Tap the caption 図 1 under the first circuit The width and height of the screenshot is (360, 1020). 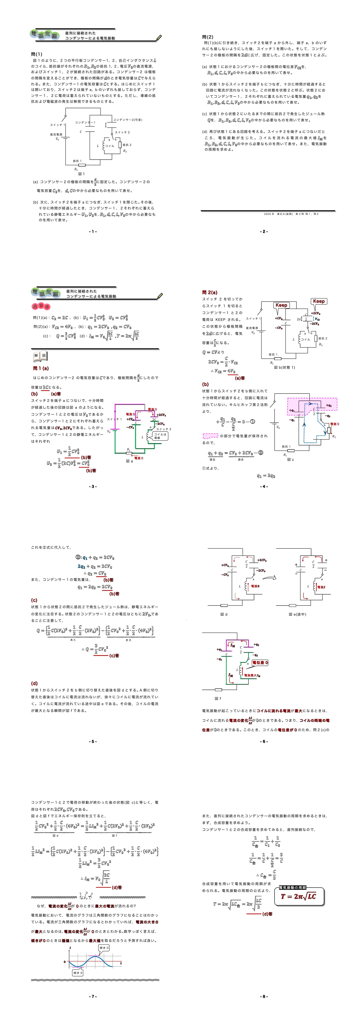tap(81, 174)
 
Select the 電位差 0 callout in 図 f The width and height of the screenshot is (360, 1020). tap(260, 662)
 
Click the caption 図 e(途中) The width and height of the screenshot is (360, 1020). tap(297, 614)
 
